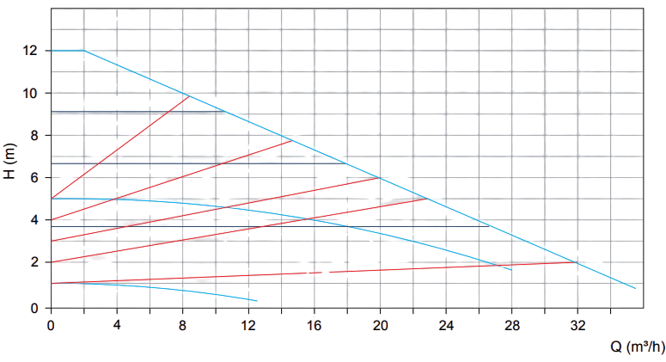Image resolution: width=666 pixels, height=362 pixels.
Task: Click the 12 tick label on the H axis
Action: coord(32,51)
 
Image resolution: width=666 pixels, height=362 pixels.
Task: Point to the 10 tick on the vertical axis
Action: coord(32,93)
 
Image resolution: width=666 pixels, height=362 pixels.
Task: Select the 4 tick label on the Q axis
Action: coord(117,327)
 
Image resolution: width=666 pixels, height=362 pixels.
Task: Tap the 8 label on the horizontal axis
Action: coord(182,327)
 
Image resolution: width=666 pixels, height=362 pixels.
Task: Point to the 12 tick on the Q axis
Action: coord(248,327)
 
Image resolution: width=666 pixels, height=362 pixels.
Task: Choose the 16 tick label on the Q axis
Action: coord(315,327)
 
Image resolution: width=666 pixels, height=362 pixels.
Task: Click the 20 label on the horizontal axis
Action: coord(380,327)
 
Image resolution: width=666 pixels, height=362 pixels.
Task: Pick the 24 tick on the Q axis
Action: coord(446,327)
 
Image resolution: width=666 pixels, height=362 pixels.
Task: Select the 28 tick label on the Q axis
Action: coord(512,327)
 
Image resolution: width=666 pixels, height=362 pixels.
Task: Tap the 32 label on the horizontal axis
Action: coord(577,327)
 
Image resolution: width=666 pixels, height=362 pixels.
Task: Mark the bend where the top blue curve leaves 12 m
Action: coord(83,51)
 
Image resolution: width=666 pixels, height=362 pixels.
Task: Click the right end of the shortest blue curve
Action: coord(255,301)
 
